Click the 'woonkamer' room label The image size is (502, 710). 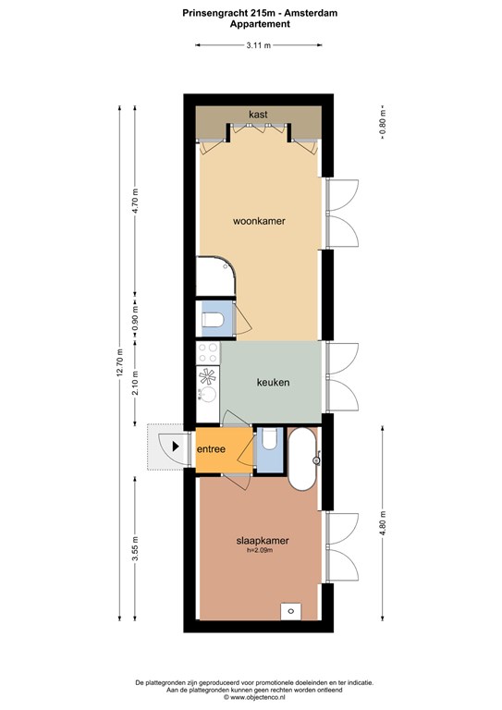point(259,222)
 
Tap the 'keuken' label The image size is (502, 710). point(273,383)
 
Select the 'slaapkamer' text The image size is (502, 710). point(263,541)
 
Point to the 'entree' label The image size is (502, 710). point(211,449)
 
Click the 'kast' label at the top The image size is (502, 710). point(258,114)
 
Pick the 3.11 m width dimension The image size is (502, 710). point(259,45)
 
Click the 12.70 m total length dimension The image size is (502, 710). point(119,362)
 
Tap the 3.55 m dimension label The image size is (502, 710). point(135,548)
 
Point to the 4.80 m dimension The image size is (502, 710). point(383,523)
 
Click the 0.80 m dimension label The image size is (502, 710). point(383,123)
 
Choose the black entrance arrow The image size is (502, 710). point(176,447)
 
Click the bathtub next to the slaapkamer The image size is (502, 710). point(301,459)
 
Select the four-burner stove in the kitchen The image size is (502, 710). point(208,353)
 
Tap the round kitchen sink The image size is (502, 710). point(209,394)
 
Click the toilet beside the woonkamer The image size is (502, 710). point(213,320)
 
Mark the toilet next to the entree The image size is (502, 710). point(270,439)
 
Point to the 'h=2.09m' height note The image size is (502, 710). point(260,551)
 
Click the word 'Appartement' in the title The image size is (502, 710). point(260,24)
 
